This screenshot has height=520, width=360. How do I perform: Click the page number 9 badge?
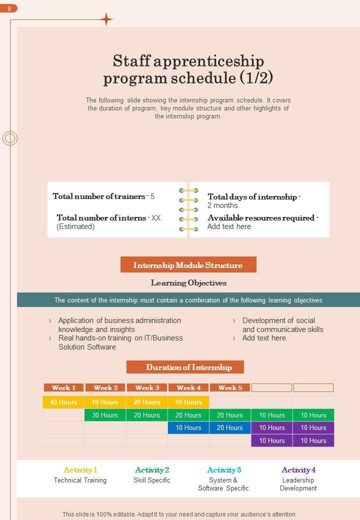(x=9, y=8)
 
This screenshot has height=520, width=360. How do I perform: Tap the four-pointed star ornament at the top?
(x=105, y=19)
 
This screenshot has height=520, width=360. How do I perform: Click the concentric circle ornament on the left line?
(x=10, y=138)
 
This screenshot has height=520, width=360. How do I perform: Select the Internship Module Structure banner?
(x=188, y=265)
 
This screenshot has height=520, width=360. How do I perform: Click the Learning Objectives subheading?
(x=188, y=283)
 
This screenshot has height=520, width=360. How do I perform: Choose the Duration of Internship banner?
(x=185, y=367)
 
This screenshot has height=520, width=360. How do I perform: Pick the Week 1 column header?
(x=63, y=387)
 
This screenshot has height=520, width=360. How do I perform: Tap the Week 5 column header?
(x=229, y=387)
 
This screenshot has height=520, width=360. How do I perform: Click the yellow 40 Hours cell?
(x=63, y=402)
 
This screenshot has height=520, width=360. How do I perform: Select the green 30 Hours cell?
(x=105, y=415)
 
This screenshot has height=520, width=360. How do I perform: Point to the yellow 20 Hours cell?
(x=146, y=402)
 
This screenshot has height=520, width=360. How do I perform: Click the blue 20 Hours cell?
(x=229, y=427)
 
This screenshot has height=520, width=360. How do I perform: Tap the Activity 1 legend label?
(x=80, y=470)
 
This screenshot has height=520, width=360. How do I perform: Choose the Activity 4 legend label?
(x=298, y=470)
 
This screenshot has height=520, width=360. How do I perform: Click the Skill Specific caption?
(x=152, y=480)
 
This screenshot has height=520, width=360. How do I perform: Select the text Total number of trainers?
(x=98, y=196)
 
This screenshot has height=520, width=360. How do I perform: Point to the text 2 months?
(x=222, y=205)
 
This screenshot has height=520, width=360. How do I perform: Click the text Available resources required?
(x=261, y=218)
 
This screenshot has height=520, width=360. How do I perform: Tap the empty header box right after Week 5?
(x=271, y=387)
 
